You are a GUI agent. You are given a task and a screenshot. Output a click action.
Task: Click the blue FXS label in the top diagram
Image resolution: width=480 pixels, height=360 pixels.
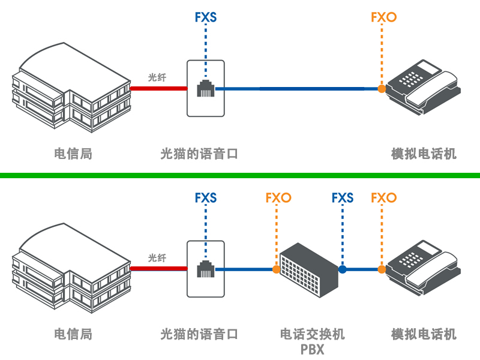(206, 17)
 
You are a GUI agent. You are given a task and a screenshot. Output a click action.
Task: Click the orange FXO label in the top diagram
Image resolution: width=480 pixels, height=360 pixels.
(383, 17)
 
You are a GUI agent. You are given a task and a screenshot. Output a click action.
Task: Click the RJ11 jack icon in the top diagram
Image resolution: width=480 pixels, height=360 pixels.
(206, 88)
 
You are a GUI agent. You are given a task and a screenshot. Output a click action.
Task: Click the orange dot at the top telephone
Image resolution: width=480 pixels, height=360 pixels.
(381, 89)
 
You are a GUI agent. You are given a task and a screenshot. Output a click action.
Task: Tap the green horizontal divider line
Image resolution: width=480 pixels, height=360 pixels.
(240, 175)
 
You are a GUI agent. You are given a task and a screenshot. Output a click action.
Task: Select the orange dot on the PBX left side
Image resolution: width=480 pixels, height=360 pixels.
(276, 270)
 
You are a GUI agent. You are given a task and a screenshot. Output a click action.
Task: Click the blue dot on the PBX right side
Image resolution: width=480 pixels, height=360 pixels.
(343, 270)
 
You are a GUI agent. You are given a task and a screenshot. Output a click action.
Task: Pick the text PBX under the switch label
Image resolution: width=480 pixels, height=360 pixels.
(313, 349)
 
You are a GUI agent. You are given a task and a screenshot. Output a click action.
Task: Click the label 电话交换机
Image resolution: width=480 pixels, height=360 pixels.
(313, 334)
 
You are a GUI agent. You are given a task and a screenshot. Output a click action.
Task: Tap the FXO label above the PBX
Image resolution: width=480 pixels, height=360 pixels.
(278, 197)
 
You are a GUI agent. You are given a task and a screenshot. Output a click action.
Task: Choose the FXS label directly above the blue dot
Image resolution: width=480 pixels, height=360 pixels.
(343, 197)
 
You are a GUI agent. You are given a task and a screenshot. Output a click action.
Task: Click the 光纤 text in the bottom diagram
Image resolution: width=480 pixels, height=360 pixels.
(157, 258)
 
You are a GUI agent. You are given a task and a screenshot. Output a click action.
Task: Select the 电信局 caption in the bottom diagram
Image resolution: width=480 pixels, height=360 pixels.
(73, 334)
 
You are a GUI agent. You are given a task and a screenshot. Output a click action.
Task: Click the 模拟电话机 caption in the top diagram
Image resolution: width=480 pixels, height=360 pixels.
(424, 154)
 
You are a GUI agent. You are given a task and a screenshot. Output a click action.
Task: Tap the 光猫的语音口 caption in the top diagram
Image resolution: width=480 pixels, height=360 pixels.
(199, 154)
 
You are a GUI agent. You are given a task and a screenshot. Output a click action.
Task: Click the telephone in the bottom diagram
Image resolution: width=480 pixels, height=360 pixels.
(423, 268)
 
